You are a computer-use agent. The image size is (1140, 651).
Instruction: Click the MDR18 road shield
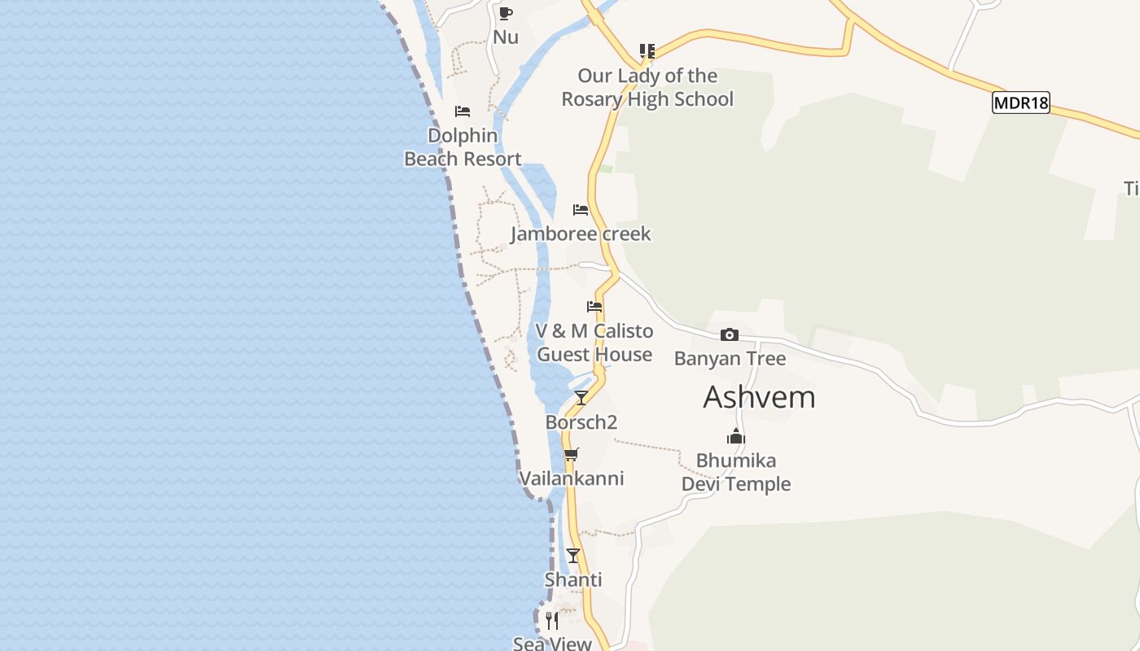1020,103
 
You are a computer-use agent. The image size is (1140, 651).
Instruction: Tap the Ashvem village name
759,397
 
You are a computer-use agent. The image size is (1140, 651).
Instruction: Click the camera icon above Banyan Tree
730,334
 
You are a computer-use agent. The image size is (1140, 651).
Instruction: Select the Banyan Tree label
730,359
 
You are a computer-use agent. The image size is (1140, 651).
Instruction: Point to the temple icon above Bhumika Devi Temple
736,437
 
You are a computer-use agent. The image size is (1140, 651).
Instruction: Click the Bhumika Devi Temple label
736,472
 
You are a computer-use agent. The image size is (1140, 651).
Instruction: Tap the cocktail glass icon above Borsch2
581,397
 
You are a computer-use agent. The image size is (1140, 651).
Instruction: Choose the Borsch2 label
581,422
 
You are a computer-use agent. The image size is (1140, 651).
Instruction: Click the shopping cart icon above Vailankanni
571,454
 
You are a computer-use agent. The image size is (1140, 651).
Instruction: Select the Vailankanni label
571,478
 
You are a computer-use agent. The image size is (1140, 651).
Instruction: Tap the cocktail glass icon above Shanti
573,556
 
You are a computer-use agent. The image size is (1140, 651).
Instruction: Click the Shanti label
573,580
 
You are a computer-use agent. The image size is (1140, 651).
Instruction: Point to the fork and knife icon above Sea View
552,621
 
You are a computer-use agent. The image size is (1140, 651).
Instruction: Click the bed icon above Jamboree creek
581,210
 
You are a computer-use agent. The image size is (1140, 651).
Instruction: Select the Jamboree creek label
581,234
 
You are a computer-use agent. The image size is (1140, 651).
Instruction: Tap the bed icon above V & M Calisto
594,307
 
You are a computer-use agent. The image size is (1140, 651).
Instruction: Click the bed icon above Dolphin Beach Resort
463,111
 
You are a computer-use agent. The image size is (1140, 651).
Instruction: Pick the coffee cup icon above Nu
506,13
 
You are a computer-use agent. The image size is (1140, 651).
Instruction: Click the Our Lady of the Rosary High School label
647,88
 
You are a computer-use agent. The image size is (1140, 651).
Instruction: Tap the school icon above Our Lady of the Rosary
647,51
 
